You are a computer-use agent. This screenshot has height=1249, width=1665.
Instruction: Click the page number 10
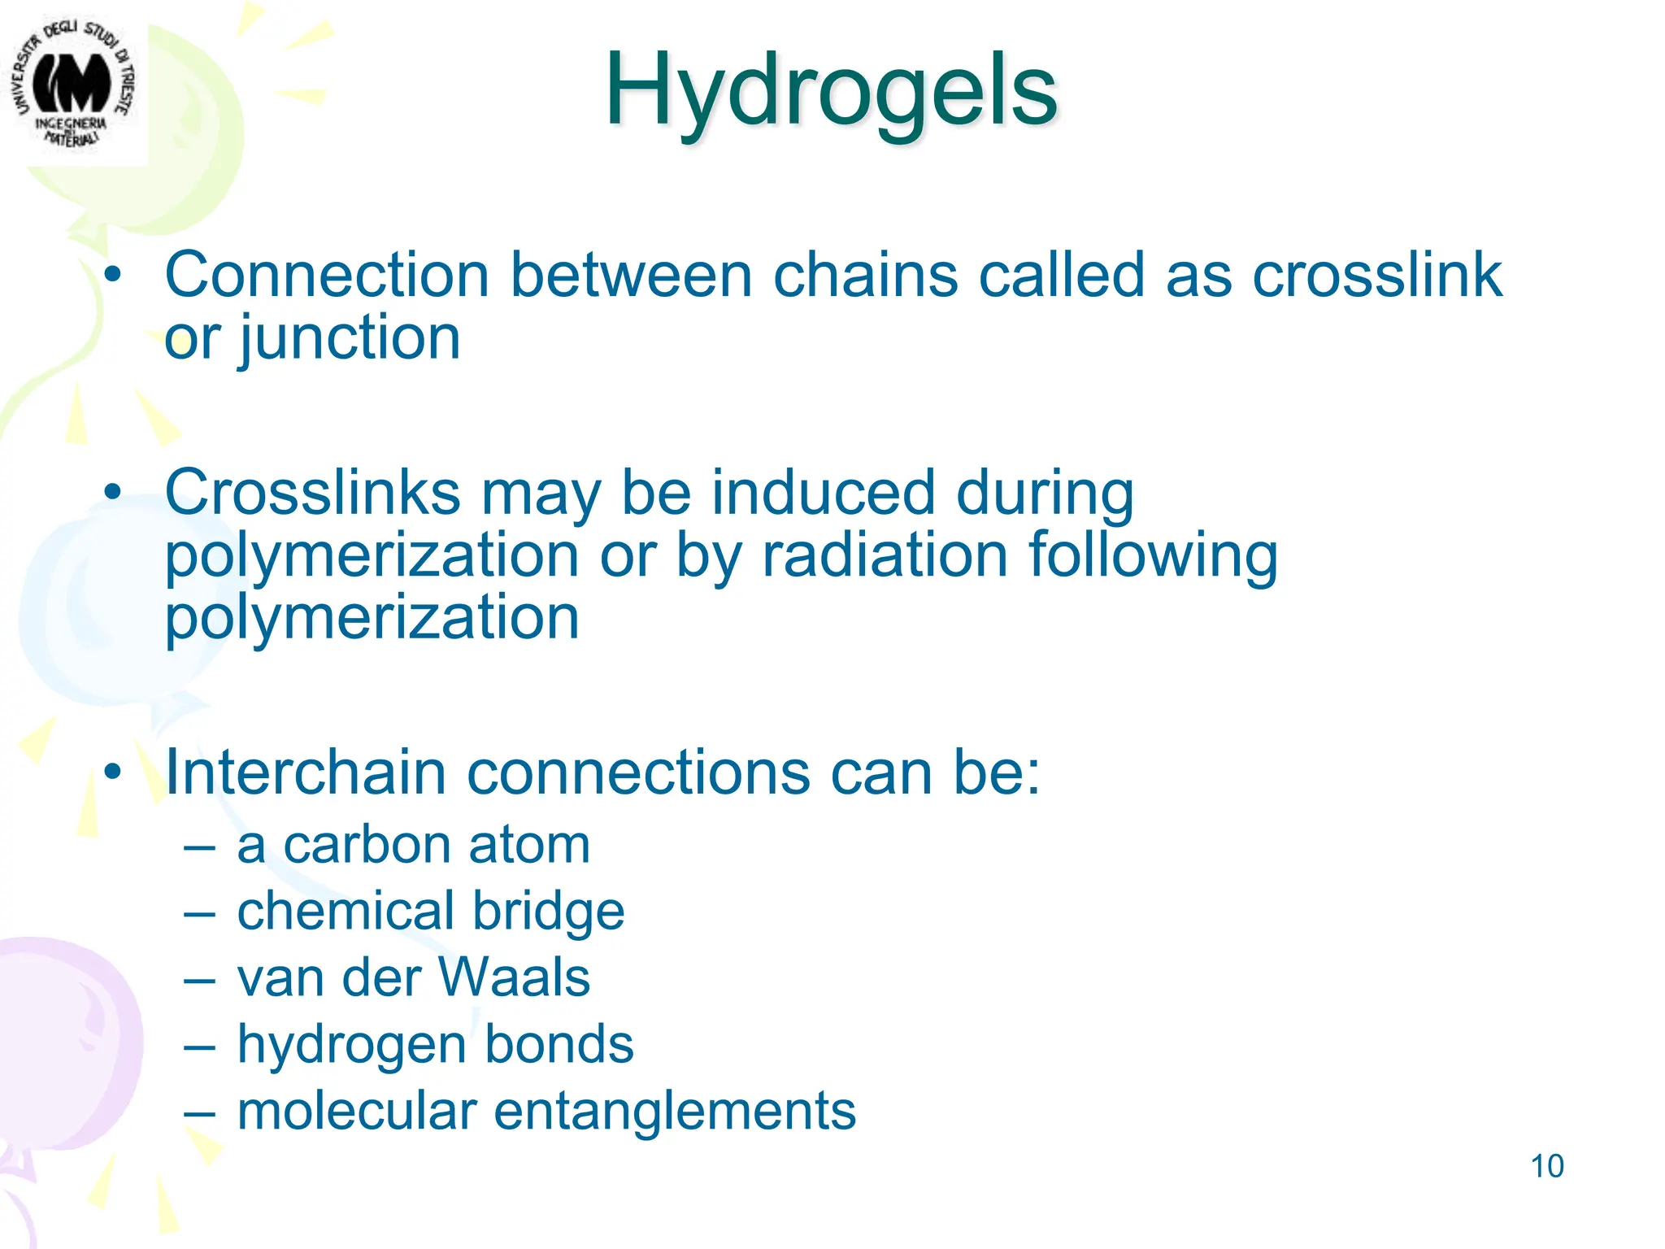tap(1546, 1166)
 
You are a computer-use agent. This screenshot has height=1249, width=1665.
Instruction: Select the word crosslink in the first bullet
tap(1376, 275)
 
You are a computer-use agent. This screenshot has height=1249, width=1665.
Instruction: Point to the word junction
tap(350, 338)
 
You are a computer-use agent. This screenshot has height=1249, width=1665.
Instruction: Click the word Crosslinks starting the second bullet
tap(313, 493)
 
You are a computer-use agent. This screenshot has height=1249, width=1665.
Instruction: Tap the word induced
tap(824, 493)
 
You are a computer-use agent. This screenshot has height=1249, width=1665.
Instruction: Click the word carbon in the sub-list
tap(367, 845)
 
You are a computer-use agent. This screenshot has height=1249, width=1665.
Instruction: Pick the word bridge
tap(549, 911)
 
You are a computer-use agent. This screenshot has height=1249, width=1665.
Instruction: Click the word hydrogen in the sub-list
tap(351, 1044)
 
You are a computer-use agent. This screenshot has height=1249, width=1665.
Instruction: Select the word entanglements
tap(675, 1111)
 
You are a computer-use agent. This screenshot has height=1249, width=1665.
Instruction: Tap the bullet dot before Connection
tap(112, 275)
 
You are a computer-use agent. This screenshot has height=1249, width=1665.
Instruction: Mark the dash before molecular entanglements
tap(199, 1112)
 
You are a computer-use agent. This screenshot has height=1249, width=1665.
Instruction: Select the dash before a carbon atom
tap(199, 846)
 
